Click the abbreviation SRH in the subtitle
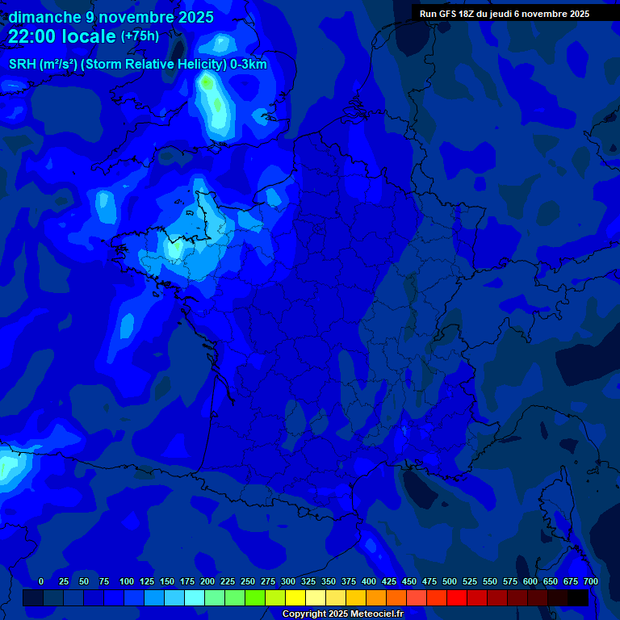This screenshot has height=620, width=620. [x=22, y=65]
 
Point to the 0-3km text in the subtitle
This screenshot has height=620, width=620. [x=249, y=65]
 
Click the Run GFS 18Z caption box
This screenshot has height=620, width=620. [x=505, y=14]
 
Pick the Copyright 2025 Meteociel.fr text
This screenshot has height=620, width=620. [x=342, y=614]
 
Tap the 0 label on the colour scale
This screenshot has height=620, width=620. [x=41, y=581]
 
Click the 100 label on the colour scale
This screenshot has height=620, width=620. [x=126, y=581]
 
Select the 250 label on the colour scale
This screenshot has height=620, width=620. [x=248, y=581]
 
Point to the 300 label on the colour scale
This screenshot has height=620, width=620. [x=288, y=581]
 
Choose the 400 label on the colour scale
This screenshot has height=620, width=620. [x=369, y=581]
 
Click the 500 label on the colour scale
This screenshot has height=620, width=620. [x=450, y=581]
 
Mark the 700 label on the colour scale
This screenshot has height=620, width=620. [x=590, y=581]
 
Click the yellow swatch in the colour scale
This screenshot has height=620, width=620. [x=295, y=597]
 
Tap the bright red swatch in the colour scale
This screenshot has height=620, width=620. [x=457, y=597]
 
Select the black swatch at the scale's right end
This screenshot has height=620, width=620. [x=578, y=597]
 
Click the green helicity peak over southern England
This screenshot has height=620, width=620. [x=209, y=83]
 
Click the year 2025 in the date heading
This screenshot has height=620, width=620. [x=195, y=17]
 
